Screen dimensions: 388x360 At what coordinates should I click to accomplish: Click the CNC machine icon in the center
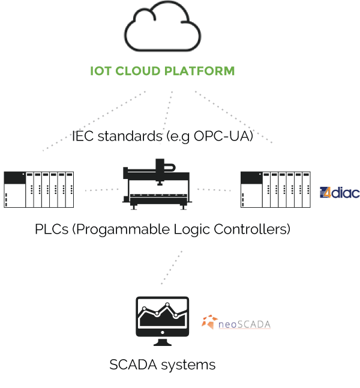pos(158,184)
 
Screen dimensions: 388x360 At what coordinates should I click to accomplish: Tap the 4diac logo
pos(340,193)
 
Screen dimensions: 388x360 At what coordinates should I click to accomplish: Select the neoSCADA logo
pos(236,323)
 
